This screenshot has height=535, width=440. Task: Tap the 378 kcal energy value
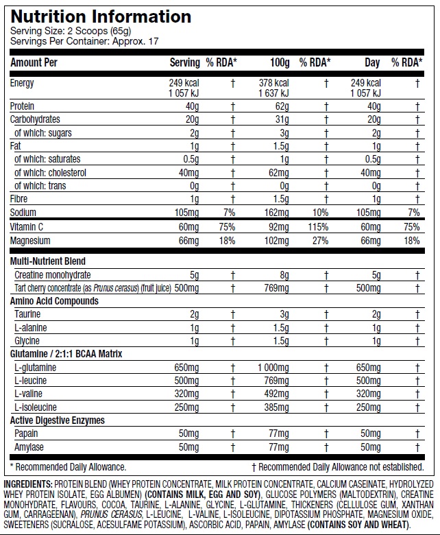coord(271,84)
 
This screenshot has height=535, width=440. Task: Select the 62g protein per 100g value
coord(280,106)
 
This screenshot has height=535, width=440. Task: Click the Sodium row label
coord(23,213)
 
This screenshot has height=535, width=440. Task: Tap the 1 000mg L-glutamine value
coord(272,368)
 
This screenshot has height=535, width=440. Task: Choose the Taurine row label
coord(27,314)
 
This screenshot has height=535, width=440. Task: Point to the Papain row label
coord(26,433)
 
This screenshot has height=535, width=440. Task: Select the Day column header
coord(372,63)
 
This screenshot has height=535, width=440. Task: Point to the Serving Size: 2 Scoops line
coord(60,32)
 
